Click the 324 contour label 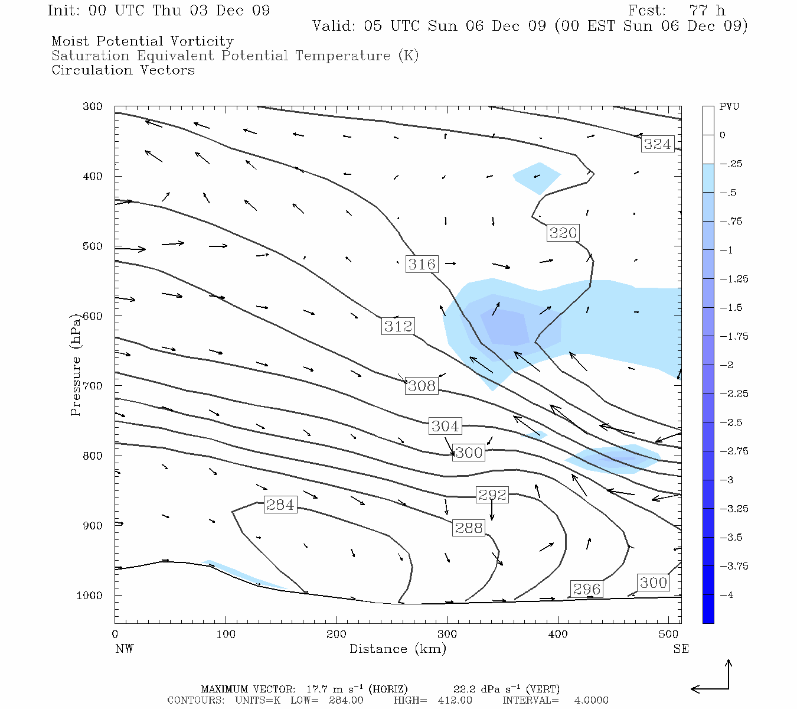pyautogui.click(x=657, y=144)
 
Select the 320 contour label pyautogui.click(x=563, y=233)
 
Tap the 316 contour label pyautogui.click(x=422, y=264)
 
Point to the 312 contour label pyautogui.click(x=398, y=326)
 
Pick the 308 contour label pyautogui.click(x=422, y=386)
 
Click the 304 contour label pyautogui.click(x=445, y=426)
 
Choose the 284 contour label pyautogui.click(x=280, y=505)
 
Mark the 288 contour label pyautogui.click(x=468, y=528)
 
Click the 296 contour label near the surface pyautogui.click(x=586, y=589)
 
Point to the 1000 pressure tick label pyautogui.click(x=90, y=596)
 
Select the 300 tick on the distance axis pyautogui.click(x=447, y=635)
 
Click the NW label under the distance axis pyautogui.click(x=124, y=649)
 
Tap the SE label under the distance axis pyautogui.click(x=681, y=649)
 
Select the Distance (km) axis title pyautogui.click(x=397, y=649)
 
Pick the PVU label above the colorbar pyautogui.click(x=729, y=107)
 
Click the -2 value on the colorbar pyautogui.click(x=726, y=365)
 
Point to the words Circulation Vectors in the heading pyautogui.click(x=123, y=70)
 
